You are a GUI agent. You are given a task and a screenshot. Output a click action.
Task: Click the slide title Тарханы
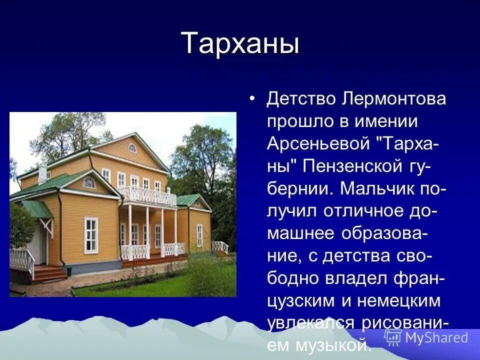(240, 43)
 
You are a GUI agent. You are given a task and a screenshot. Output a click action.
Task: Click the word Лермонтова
(394, 99)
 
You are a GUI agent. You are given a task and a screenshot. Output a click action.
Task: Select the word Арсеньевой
(318, 143)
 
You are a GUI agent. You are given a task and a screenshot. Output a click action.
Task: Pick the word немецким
(399, 300)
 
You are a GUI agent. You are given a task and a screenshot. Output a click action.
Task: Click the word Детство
(301, 99)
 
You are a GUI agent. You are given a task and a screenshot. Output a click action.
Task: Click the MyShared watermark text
(437, 337)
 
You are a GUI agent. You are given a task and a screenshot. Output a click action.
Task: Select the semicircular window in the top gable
(132, 148)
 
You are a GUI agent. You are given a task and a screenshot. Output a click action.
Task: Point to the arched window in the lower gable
(89, 183)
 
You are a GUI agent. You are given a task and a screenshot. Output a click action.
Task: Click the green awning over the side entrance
(37, 209)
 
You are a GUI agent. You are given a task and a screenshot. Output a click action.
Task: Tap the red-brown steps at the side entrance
(49, 273)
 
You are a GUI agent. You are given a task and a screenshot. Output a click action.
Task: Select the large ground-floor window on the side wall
(91, 235)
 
